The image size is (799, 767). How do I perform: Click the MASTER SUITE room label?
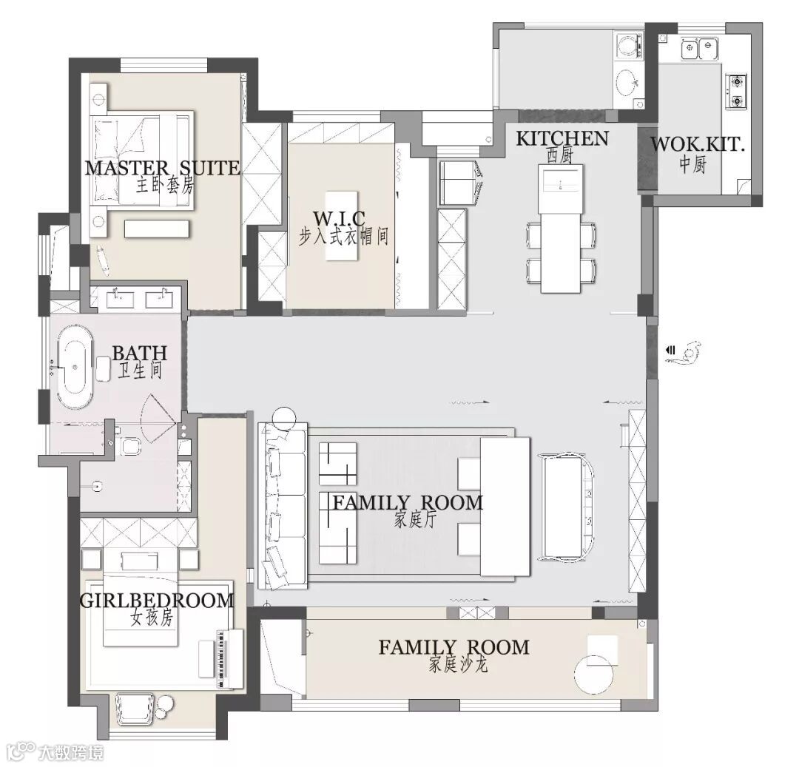pyautogui.click(x=162, y=168)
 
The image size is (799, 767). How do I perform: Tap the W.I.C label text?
pyautogui.click(x=339, y=218)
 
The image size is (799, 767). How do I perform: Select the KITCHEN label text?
pyautogui.click(x=562, y=138)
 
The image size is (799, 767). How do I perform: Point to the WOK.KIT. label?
pyautogui.click(x=697, y=144)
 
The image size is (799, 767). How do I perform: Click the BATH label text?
pyautogui.click(x=139, y=352)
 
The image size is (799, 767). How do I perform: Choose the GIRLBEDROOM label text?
pyautogui.click(x=156, y=601)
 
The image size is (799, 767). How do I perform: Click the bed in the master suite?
pyautogui.click(x=141, y=160)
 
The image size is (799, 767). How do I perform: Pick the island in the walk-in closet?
pyautogui.click(x=342, y=226)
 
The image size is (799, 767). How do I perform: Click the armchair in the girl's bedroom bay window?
pyautogui.click(x=134, y=708)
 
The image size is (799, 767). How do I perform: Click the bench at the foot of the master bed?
pyautogui.click(x=157, y=229)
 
